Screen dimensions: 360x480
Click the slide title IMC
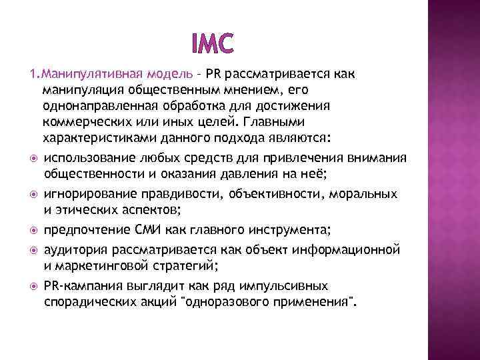pos(212,43)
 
